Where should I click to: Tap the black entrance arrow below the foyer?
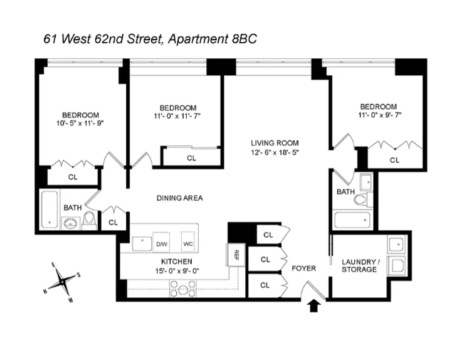pyautogui.click(x=315, y=305)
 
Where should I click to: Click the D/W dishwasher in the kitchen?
pyautogui.click(x=162, y=243)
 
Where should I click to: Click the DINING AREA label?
pyautogui.click(x=179, y=198)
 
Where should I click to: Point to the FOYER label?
pyautogui.click(x=304, y=268)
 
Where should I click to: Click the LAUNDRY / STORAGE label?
pyautogui.click(x=359, y=265)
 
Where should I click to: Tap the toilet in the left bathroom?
pyautogui.click(x=89, y=219)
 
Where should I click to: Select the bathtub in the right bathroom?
pyautogui.click(x=352, y=220)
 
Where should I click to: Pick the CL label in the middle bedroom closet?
pyautogui.click(x=191, y=158)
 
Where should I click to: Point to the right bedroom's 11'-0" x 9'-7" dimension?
pyautogui.click(x=378, y=116)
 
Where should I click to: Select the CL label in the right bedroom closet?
pyautogui.click(x=394, y=160)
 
